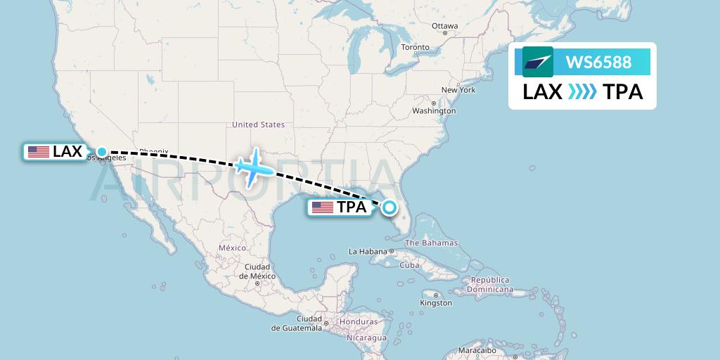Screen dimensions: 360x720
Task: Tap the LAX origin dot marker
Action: [102, 151]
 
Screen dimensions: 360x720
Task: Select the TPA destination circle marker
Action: [389, 207]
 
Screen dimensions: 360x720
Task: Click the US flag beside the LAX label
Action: [39, 151]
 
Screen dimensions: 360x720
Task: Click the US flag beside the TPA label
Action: [323, 207]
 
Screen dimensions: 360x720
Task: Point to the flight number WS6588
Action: [598, 62]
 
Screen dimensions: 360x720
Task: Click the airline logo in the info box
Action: [537, 62]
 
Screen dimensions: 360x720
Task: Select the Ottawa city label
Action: [444, 26]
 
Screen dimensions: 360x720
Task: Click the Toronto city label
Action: [415, 47]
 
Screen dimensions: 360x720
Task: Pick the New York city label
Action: [458, 90]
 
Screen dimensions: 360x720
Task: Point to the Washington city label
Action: [434, 111]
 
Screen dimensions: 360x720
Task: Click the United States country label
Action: [258, 124]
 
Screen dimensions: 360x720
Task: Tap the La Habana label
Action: [368, 251]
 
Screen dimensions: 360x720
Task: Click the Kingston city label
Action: [436, 303]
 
